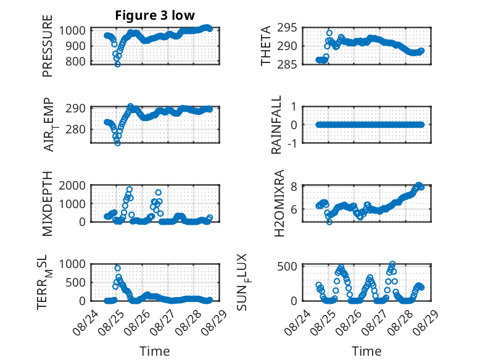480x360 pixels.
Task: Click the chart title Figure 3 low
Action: tap(155, 15)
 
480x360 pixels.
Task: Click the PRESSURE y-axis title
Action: tap(48, 46)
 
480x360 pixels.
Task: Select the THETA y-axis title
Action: tap(266, 46)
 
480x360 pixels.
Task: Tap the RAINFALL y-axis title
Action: tap(276, 125)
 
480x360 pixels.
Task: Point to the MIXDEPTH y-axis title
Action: tap(48, 203)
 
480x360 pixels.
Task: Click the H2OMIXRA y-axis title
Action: tap(279, 203)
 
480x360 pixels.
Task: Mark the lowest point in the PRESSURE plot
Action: tap(118, 64)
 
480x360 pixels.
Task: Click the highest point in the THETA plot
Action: tap(329, 33)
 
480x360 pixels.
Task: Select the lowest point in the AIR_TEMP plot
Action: tap(118, 143)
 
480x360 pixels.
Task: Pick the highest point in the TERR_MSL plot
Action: tap(118, 268)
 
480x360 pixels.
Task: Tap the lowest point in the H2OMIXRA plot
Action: tap(329, 222)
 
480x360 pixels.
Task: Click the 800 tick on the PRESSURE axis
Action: tap(76, 61)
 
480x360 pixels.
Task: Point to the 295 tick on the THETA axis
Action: tap(287, 28)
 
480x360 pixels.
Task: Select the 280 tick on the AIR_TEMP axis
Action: tap(76, 129)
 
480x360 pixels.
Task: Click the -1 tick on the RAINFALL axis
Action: tap(292, 143)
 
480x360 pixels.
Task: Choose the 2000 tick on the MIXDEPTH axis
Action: tap(72, 185)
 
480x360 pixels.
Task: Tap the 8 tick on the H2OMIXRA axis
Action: tap(294, 186)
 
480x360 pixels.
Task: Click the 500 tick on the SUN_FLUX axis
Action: tap(287, 266)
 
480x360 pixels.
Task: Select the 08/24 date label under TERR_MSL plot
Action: tap(86, 322)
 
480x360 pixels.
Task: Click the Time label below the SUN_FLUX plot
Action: tap(366, 351)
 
